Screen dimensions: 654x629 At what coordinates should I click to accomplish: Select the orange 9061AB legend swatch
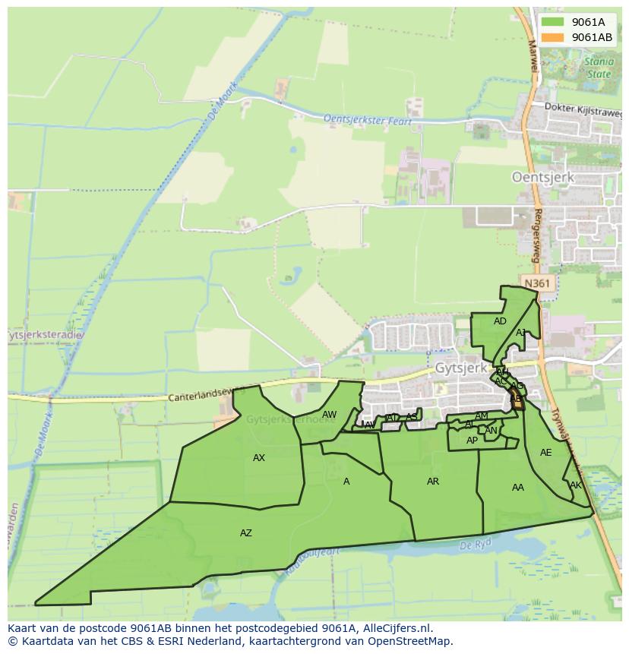[x=553, y=37]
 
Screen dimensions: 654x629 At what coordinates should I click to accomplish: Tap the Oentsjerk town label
[x=542, y=177]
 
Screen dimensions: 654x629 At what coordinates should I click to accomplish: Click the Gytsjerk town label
[x=461, y=367]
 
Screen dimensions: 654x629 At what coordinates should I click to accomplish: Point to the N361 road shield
[x=537, y=283]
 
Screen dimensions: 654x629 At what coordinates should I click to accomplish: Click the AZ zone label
[x=245, y=533]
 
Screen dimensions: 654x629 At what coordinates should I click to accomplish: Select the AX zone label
[x=259, y=458]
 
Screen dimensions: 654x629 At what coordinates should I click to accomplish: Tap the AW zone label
[x=329, y=415]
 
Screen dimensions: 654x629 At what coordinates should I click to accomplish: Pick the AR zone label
[x=433, y=482]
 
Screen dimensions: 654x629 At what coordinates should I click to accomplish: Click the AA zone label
[x=518, y=488]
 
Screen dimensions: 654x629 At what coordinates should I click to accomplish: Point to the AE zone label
[x=545, y=453]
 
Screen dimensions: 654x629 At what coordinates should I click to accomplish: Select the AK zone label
[x=575, y=485]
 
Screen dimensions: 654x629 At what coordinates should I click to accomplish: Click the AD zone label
[x=500, y=321]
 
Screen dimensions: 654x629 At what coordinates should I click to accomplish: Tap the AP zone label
[x=472, y=441]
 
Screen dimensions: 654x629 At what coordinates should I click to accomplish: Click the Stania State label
[x=598, y=68]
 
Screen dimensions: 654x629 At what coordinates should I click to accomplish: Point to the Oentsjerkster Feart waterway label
[x=368, y=120]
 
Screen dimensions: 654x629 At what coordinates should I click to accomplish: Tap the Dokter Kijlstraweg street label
[x=583, y=109]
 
